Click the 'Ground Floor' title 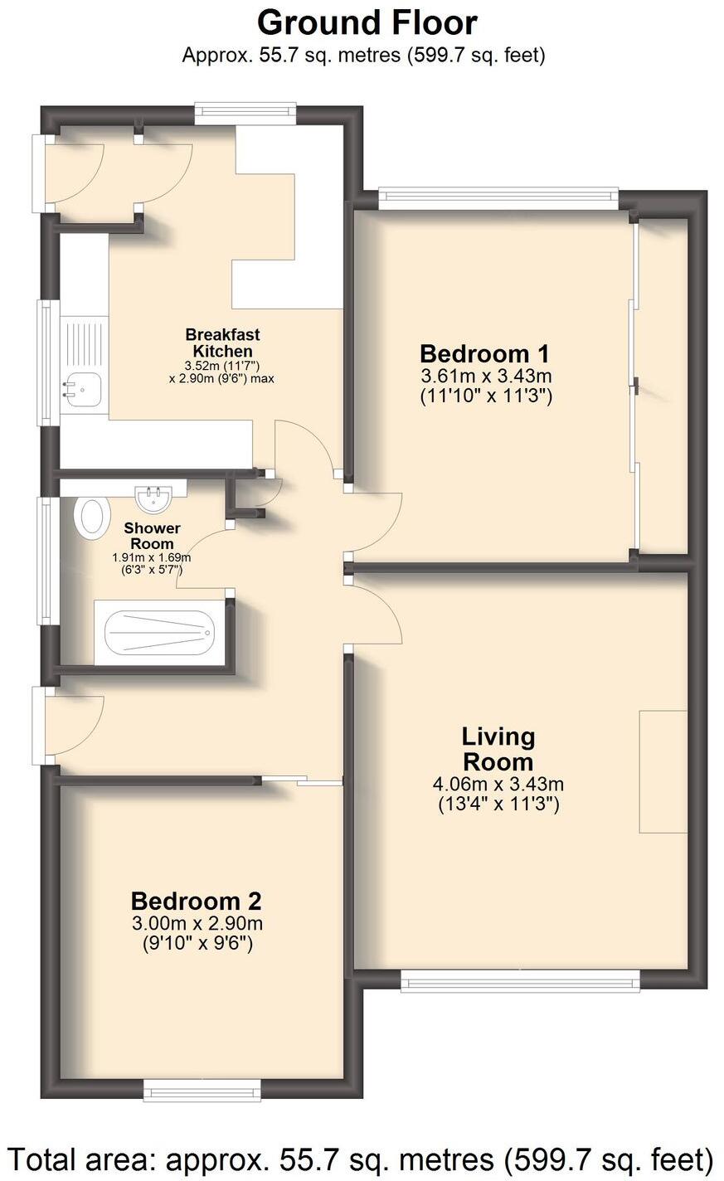[x=367, y=22]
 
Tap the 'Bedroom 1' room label [x=485, y=353]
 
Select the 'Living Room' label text [x=498, y=748]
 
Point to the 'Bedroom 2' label [x=197, y=901]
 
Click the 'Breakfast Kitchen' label [x=221, y=343]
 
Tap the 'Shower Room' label [x=152, y=536]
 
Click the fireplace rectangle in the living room [x=663, y=771]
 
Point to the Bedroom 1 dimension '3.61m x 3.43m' [x=485, y=377]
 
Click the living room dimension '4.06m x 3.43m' [x=498, y=784]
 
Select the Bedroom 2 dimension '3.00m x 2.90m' [x=197, y=924]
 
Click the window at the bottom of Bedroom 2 [x=202, y=1086]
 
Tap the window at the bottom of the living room [x=520, y=981]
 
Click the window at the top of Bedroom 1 [x=498, y=197]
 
